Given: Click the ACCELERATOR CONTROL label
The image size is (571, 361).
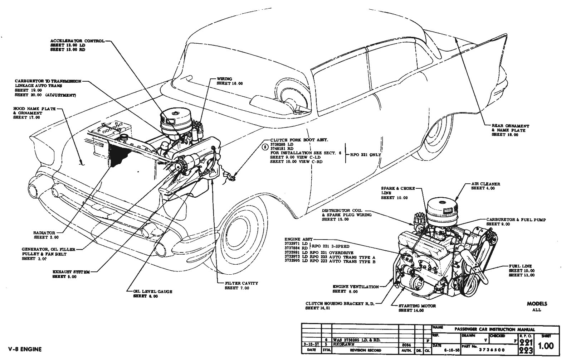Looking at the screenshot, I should coord(78,41).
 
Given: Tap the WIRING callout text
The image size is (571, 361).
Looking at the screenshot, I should coord(224,79).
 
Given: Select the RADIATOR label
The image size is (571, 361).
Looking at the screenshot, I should coord(44,233).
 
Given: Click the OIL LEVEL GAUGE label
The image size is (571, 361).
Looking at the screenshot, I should coord(152,292).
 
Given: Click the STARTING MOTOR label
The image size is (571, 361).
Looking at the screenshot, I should coord(417,306).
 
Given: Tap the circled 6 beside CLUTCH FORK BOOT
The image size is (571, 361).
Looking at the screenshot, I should coord(265,146).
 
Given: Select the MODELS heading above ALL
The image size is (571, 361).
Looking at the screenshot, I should coord(537,304).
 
